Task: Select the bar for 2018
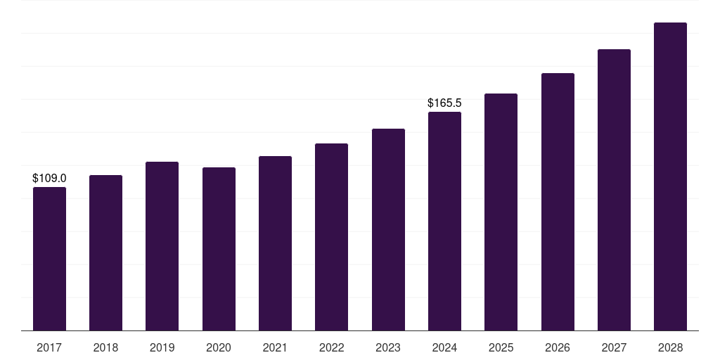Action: pos(105,253)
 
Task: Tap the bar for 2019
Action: pos(162,246)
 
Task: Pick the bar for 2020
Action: pos(219,249)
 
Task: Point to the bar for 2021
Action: pos(275,243)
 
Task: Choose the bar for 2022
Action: pos(331,237)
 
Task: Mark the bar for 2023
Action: pos(388,230)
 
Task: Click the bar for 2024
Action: pos(444,221)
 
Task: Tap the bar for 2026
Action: pos(558,202)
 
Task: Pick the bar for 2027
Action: pos(614,190)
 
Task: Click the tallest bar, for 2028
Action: pos(670,176)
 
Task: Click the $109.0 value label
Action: pos(49,179)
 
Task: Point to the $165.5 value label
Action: pos(444,103)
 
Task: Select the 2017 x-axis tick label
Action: pos(49,347)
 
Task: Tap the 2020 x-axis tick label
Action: pos(219,347)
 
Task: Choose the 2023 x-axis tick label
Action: pos(388,347)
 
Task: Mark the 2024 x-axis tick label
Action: pos(444,347)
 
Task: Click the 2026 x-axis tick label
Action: pos(558,347)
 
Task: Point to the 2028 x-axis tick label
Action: pos(670,347)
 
